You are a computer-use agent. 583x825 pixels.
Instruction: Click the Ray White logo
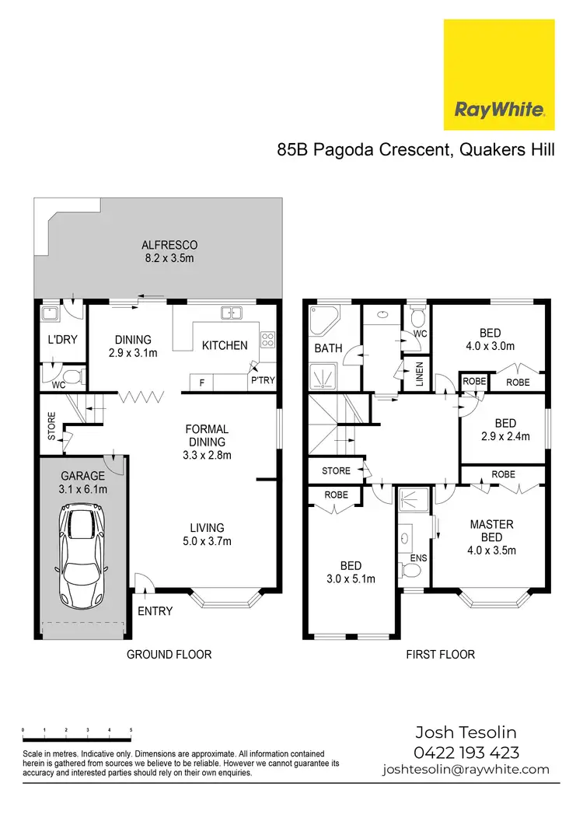click(498, 75)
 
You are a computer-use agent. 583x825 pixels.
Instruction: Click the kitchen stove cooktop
click(267, 339)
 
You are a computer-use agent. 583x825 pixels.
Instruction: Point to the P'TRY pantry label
click(262, 381)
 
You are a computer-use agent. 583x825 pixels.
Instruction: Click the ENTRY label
click(155, 611)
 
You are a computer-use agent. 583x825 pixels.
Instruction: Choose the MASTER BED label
click(491, 531)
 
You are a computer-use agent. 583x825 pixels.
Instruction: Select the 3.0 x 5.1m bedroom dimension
click(350, 579)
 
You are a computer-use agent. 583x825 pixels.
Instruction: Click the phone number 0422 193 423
click(466, 752)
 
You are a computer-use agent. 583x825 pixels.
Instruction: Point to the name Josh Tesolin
click(466, 732)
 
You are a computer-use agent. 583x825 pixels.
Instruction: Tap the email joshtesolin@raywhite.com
click(466, 770)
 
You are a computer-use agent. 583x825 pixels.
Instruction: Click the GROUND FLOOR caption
click(169, 655)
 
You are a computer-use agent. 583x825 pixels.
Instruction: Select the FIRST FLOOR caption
click(440, 655)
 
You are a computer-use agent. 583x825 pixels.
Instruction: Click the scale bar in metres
click(77, 731)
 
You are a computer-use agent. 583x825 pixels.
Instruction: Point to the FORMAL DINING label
click(206, 435)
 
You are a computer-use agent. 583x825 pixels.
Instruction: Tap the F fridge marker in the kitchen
click(202, 383)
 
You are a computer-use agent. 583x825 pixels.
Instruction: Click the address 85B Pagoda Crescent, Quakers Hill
click(416, 149)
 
